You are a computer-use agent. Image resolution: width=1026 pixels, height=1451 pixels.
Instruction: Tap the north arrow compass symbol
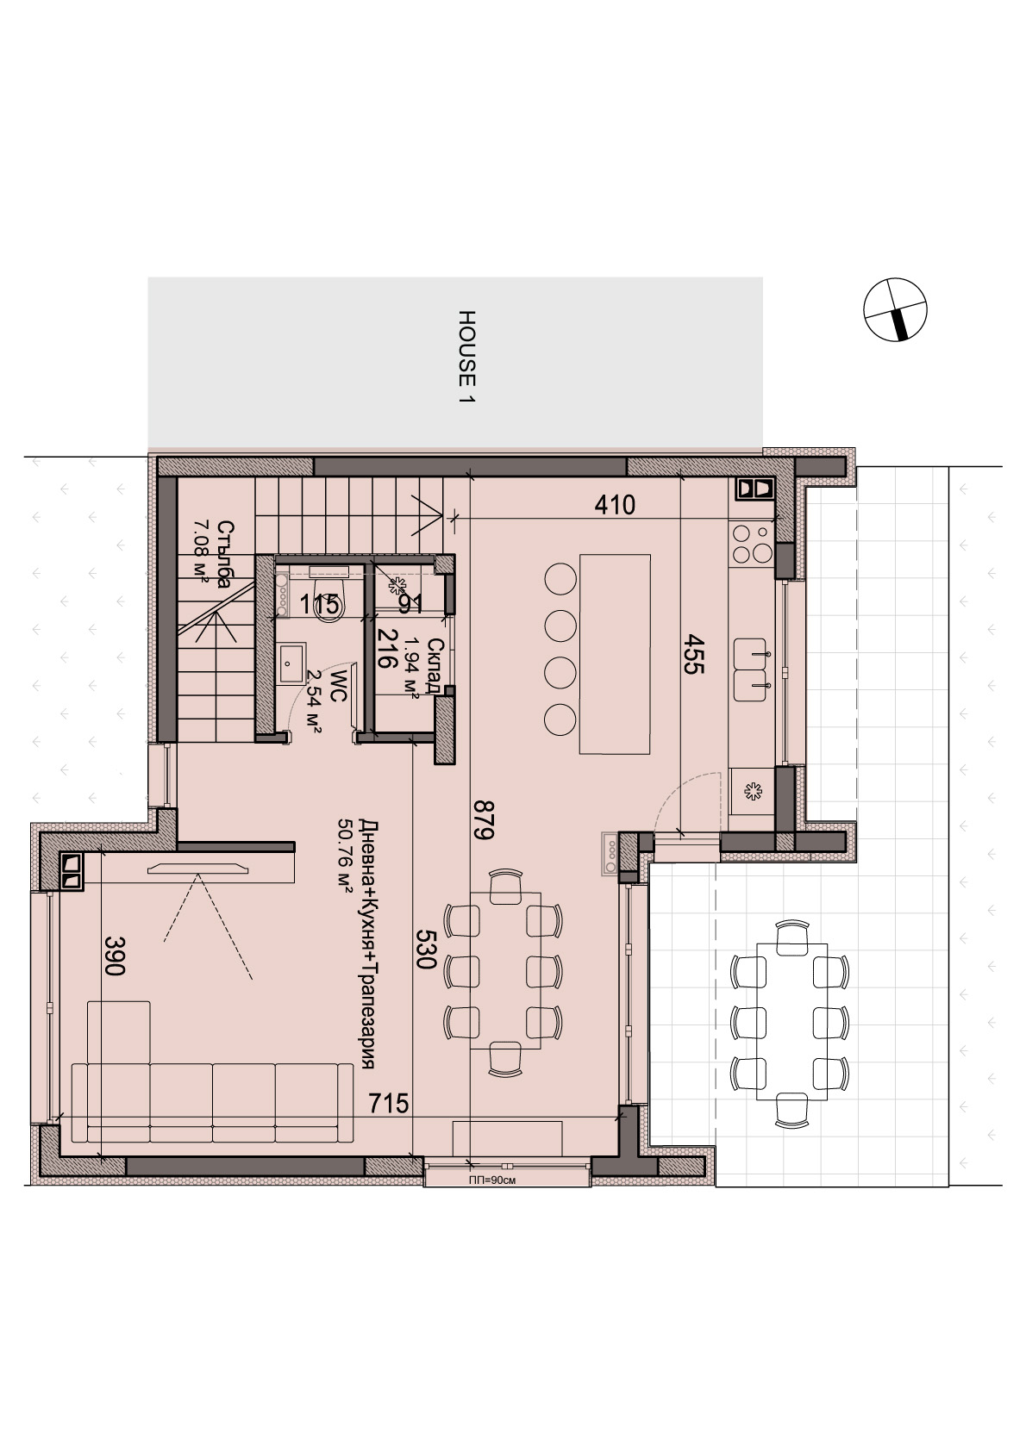tap(895, 309)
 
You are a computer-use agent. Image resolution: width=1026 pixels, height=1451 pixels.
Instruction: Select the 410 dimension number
tap(615, 505)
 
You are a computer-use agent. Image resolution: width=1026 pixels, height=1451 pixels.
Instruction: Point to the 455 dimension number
tap(692, 654)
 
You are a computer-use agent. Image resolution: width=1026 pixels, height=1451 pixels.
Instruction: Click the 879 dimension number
tap(484, 819)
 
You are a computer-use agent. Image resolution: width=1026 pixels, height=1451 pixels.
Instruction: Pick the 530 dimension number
tap(425, 949)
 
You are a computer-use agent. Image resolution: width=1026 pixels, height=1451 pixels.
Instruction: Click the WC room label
tap(338, 687)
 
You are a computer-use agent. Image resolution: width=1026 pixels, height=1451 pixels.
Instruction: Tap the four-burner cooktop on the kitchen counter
tap(752, 545)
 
